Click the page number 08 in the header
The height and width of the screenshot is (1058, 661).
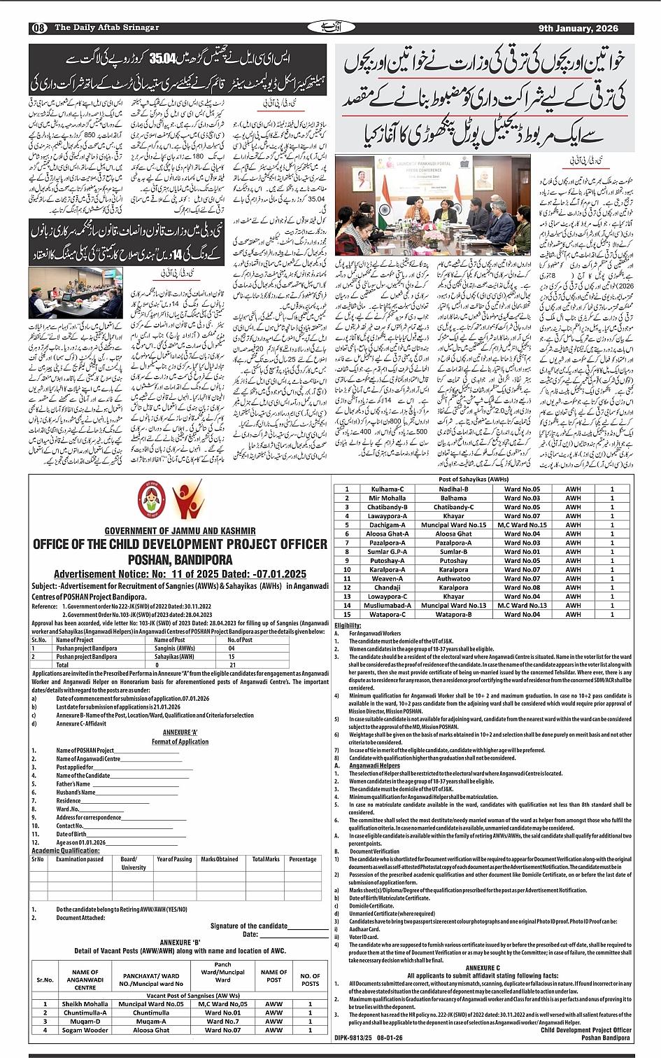point(38,28)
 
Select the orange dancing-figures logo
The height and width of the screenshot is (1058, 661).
point(187,499)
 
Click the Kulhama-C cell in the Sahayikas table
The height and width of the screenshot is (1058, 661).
point(387,489)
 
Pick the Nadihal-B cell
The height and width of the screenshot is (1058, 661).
point(453,489)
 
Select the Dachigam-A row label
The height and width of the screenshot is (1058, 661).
point(387,524)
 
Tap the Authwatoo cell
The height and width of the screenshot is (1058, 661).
point(453,578)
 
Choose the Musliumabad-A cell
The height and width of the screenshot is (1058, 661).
point(387,606)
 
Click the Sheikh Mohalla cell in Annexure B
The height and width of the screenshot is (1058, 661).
point(85,1003)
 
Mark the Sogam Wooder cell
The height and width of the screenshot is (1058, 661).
point(85,1030)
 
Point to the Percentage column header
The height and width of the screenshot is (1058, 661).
point(302,859)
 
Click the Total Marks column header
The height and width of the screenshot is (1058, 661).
point(266,859)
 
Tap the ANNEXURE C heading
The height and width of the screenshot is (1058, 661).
point(483,968)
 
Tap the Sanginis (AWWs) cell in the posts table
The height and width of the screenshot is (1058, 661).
point(174,648)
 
